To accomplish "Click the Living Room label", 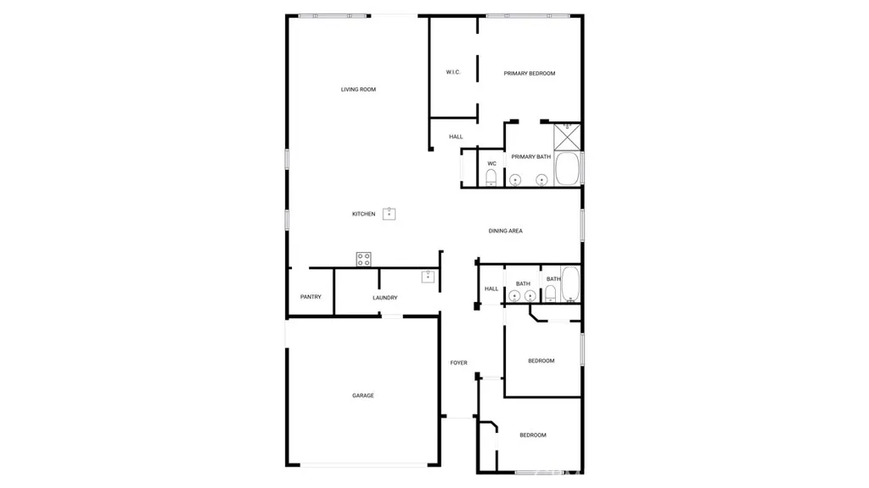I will [358, 89].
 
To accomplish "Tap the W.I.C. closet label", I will [453, 72].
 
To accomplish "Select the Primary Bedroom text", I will [530, 74].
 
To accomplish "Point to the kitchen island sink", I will [390, 213].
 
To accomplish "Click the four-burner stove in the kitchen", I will [363, 259].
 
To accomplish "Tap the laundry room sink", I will [429, 276].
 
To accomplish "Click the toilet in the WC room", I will [491, 177].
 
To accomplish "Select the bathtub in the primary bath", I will [568, 169].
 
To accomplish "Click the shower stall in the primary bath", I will [567, 136].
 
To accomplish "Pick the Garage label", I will [363, 395].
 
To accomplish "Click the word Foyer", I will [458, 363].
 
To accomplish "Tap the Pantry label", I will [311, 297].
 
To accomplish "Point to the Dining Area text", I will [505, 231].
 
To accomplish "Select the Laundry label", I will [384, 298].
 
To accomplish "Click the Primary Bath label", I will [530, 157].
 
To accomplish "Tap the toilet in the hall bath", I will [550, 294].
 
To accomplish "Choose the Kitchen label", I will [363, 214].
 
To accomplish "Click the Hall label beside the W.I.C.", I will [456, 137].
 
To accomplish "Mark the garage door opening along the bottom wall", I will [363, 464].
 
